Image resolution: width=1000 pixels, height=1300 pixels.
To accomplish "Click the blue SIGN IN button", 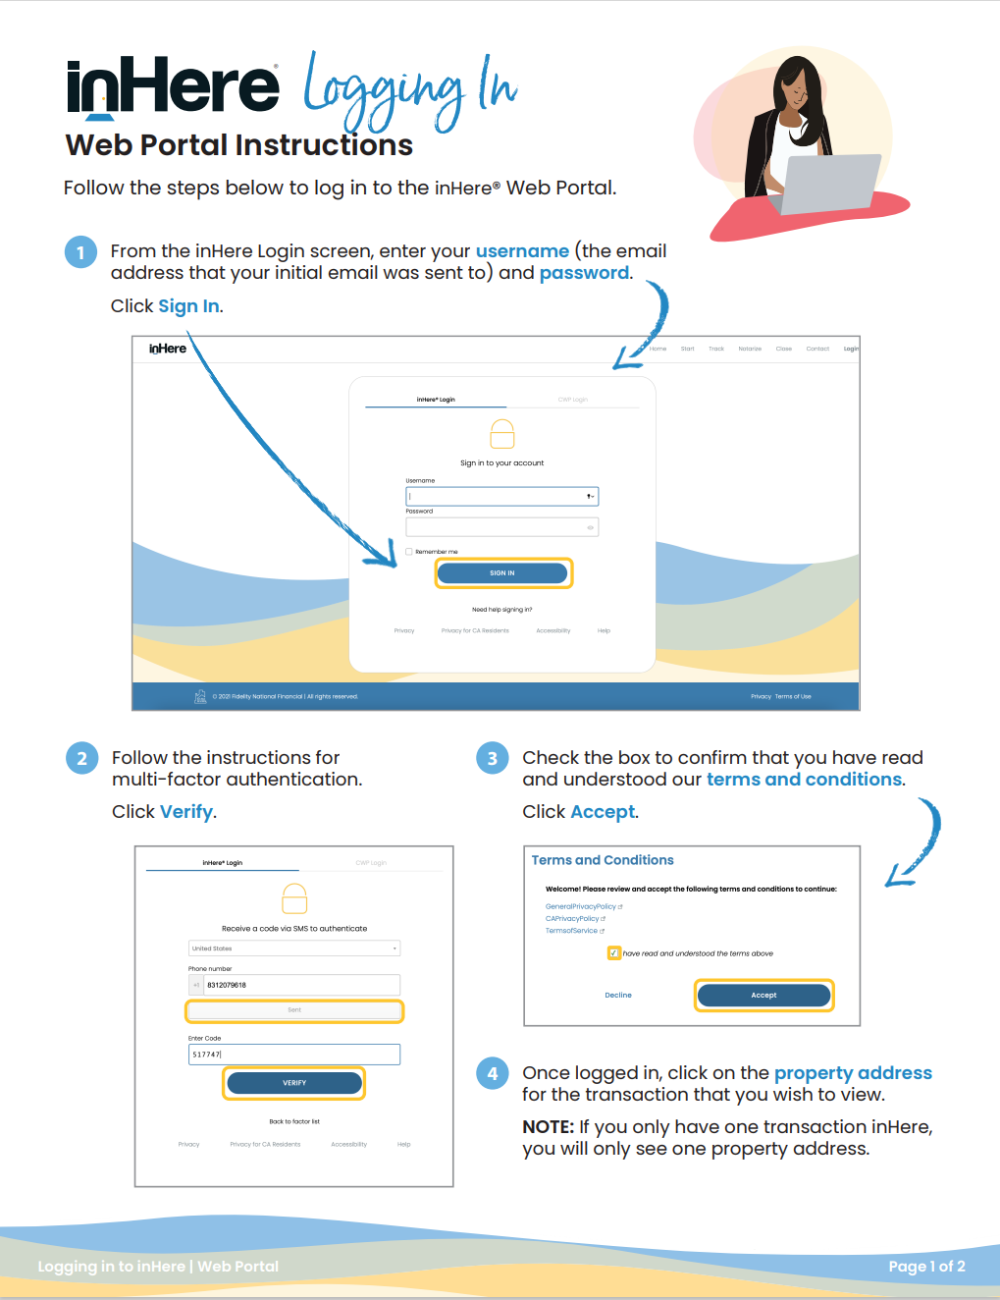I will point(502,573).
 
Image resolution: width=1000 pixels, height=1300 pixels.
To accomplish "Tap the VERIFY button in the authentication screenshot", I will point(294,1083).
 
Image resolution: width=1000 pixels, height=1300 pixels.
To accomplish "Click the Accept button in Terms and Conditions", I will point(763,996).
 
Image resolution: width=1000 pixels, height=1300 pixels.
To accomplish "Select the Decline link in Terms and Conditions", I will point(618,996).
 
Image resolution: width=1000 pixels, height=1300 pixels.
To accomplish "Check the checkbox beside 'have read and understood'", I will point(614,953).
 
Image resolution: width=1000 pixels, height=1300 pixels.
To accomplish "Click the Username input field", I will point(496,497).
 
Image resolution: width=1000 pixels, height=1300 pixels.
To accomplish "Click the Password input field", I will point(496,527).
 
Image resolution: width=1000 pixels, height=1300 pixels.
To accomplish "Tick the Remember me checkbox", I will point(409,552).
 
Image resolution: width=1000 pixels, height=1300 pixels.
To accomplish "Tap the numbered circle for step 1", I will point(80,252).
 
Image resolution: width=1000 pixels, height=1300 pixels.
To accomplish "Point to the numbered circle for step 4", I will point(493,1073).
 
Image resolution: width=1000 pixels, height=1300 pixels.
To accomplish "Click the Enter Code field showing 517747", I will point(294,1055).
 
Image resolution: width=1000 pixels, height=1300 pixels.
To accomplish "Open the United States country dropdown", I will point(294,948).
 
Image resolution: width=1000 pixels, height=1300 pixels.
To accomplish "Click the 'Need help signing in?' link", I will point(502,610).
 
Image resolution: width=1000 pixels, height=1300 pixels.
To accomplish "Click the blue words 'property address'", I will point(853,1073).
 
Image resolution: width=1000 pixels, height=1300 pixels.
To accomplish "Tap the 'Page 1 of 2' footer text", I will point(926,1267).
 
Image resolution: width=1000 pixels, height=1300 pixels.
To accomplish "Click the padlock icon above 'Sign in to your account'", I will point(502,434).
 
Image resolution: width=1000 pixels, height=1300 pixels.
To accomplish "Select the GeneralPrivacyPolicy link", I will point(581,906).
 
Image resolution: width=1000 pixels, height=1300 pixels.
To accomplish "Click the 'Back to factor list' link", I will point(294,1121).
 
